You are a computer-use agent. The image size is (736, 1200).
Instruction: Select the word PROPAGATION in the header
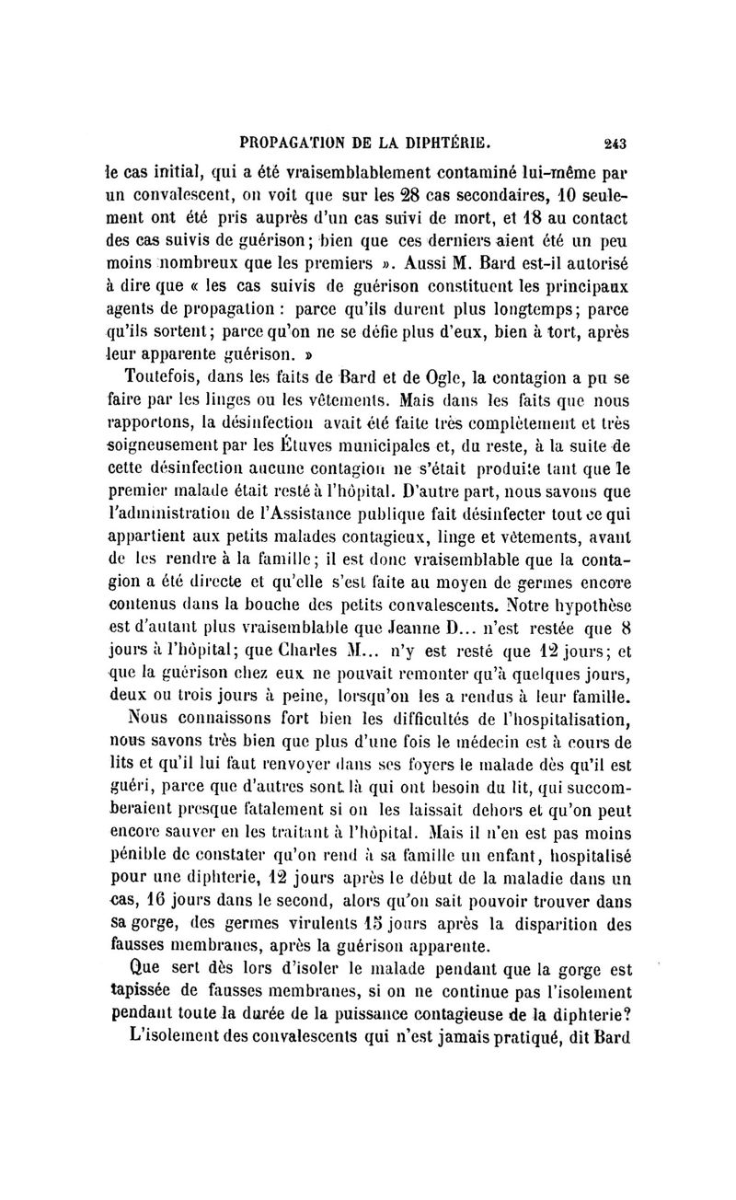(x=293, y=143)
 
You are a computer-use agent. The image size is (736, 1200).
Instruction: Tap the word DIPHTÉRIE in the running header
(x=447, y=143)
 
